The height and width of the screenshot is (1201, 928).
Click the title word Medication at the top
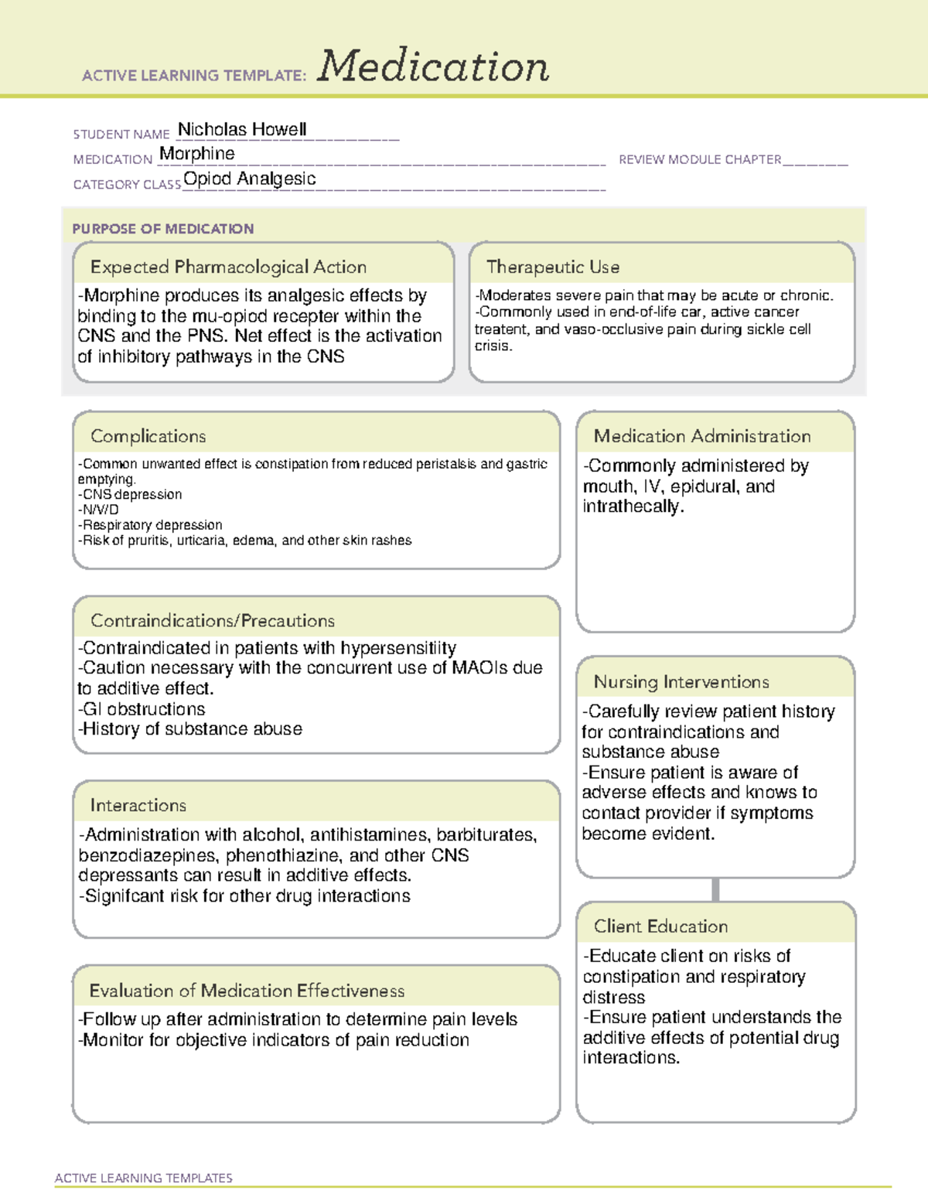[432, 67]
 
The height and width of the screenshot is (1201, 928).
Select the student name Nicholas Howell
[242, 130]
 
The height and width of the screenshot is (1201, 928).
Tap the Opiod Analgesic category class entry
[249, 179]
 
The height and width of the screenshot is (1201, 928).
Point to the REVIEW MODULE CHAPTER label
[700, 159]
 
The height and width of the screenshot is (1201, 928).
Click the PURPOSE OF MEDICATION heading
[162, 229]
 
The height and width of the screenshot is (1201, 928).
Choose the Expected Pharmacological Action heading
[228, 267]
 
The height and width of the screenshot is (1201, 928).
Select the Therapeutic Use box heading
[552, 267]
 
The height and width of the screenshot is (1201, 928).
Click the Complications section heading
[148, 436]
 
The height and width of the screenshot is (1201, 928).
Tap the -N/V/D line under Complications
[98, 510]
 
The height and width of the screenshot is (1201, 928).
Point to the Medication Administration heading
[701, 436]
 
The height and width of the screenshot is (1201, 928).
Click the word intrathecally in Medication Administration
[632, 507]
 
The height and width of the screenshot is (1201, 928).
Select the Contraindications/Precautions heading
[212, 620]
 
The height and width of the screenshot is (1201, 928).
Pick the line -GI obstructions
[142, 709]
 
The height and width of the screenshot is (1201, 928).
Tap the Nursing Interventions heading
[681, 682]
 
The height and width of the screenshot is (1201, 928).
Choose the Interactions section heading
[138, 805]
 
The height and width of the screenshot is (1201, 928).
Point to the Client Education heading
[660, 926]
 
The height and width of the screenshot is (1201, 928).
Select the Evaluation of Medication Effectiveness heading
[247, 991]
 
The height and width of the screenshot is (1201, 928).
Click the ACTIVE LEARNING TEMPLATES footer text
[143, 1178]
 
